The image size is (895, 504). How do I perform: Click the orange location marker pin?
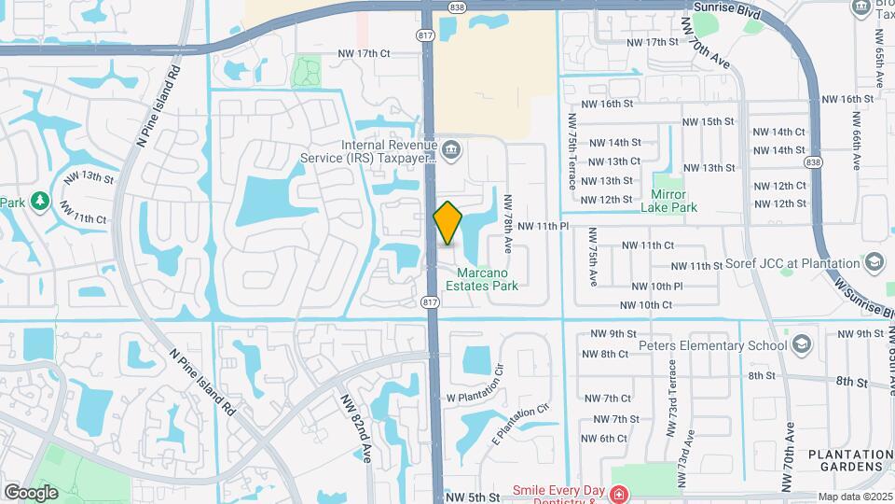pos(448,223)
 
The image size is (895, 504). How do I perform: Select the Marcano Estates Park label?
pos(488,279)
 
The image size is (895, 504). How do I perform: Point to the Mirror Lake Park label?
pos(668,202)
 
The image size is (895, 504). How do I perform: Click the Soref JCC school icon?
pos(874,262)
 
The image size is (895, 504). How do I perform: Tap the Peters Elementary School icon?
pos(801,345)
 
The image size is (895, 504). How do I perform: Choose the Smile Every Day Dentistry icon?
pos(619,494)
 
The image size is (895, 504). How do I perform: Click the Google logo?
pos(31,492)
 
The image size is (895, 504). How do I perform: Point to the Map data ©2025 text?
pos(854,497)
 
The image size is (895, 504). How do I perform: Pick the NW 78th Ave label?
pos(509,224)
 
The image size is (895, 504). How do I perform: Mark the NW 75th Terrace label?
pos(571,149)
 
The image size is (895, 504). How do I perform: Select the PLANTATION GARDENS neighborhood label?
pos(846,459)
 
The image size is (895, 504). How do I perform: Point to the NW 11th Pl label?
pos(543,226)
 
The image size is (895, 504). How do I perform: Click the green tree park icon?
pos(39,201)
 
